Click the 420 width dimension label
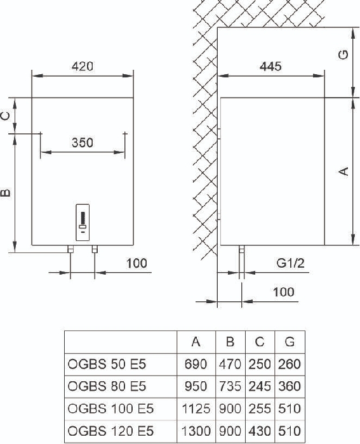(82, 66)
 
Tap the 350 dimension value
(82, 143)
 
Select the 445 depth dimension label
(270, 66)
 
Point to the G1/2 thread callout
(291, 263)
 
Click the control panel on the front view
(83, 223)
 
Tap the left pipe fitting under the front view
(70, 249)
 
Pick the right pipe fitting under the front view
(95, 249)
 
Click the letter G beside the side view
(343, 55)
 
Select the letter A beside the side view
(343, 171)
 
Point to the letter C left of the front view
(6, 116)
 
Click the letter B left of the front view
(6, 193)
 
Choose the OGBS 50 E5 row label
(107, 364)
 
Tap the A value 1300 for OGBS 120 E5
(196, 431)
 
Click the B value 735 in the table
(230, 386)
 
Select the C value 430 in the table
(260, 431)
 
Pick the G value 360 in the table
(290, 386)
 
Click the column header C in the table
(260, 342)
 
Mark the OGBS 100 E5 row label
(110, 408)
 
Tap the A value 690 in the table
(196, 364)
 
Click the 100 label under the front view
(137, 263)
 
